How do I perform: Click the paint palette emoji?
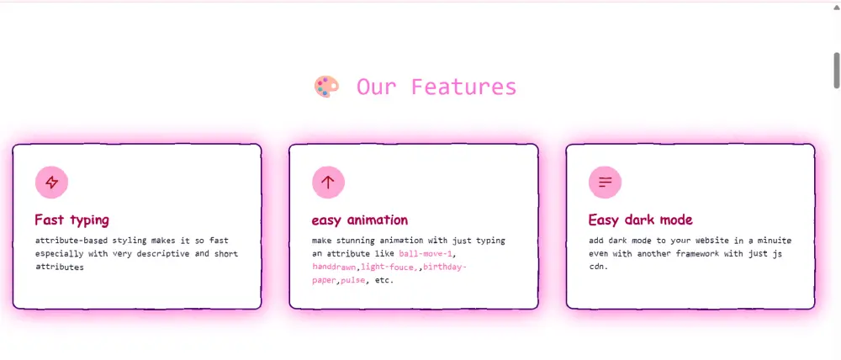[x=326, y=87]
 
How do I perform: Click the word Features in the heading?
[x=463, y=87]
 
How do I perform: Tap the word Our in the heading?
[x=375, y=87]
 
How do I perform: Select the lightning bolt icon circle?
[x=51, y=182]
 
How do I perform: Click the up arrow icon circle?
[x=328, y=182]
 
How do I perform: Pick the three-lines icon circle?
[x=605, y=182]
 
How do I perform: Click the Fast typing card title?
[x=71, y=220]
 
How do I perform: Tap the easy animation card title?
[x=359, y=220]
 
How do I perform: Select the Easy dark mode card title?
[x=640, y=220]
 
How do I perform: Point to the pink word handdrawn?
[x=334, y=267]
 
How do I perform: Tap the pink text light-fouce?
[x=388, y=267]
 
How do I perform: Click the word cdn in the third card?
[x=597, y=267]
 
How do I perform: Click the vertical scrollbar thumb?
[x=837, y=69]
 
